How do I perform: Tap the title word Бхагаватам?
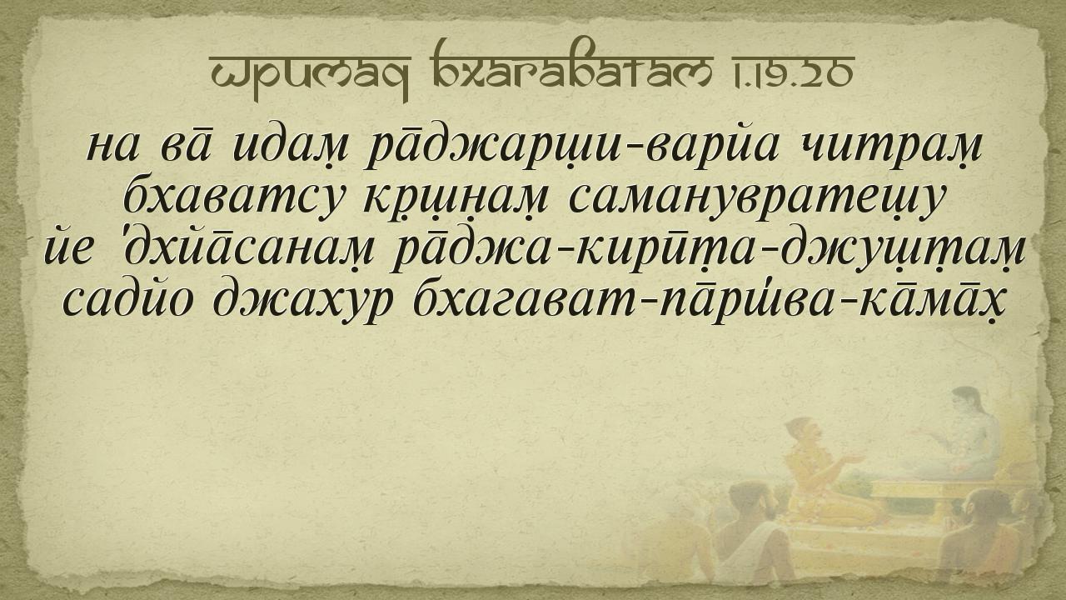[571, 66]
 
